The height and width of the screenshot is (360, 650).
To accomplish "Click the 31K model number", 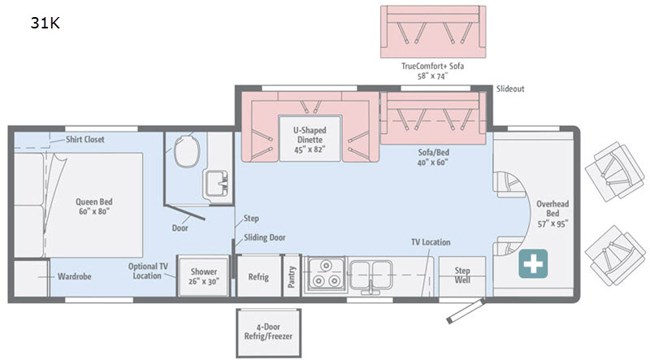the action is pos(45,23).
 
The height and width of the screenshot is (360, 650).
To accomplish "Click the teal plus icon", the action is pos(533,264).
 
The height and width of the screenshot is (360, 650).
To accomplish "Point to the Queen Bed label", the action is pos(94,206).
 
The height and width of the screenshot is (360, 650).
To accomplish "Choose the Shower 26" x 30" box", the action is pos(204,276).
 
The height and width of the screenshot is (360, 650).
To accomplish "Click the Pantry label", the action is pos(292,276).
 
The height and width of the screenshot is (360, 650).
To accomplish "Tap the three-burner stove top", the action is pos(326,274).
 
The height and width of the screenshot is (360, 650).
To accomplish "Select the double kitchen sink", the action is pos(370,275).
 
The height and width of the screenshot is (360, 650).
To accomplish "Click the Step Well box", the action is pos(462,275).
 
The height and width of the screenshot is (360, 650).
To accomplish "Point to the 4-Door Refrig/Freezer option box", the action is pos(268,332).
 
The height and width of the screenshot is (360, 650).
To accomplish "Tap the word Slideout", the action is pos(510,89).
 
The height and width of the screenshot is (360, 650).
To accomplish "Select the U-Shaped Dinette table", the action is pos(310,138).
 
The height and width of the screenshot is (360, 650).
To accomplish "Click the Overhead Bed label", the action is pos(552,214).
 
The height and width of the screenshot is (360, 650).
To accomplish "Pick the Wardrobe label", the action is pos(74,276).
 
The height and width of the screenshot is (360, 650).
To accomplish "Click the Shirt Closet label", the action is pos(85,139).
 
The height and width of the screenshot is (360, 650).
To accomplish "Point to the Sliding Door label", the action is pos(265,237).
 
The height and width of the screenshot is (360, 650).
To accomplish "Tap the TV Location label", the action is pos(431,242).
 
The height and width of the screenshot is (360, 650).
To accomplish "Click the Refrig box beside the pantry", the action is pos(258,275).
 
